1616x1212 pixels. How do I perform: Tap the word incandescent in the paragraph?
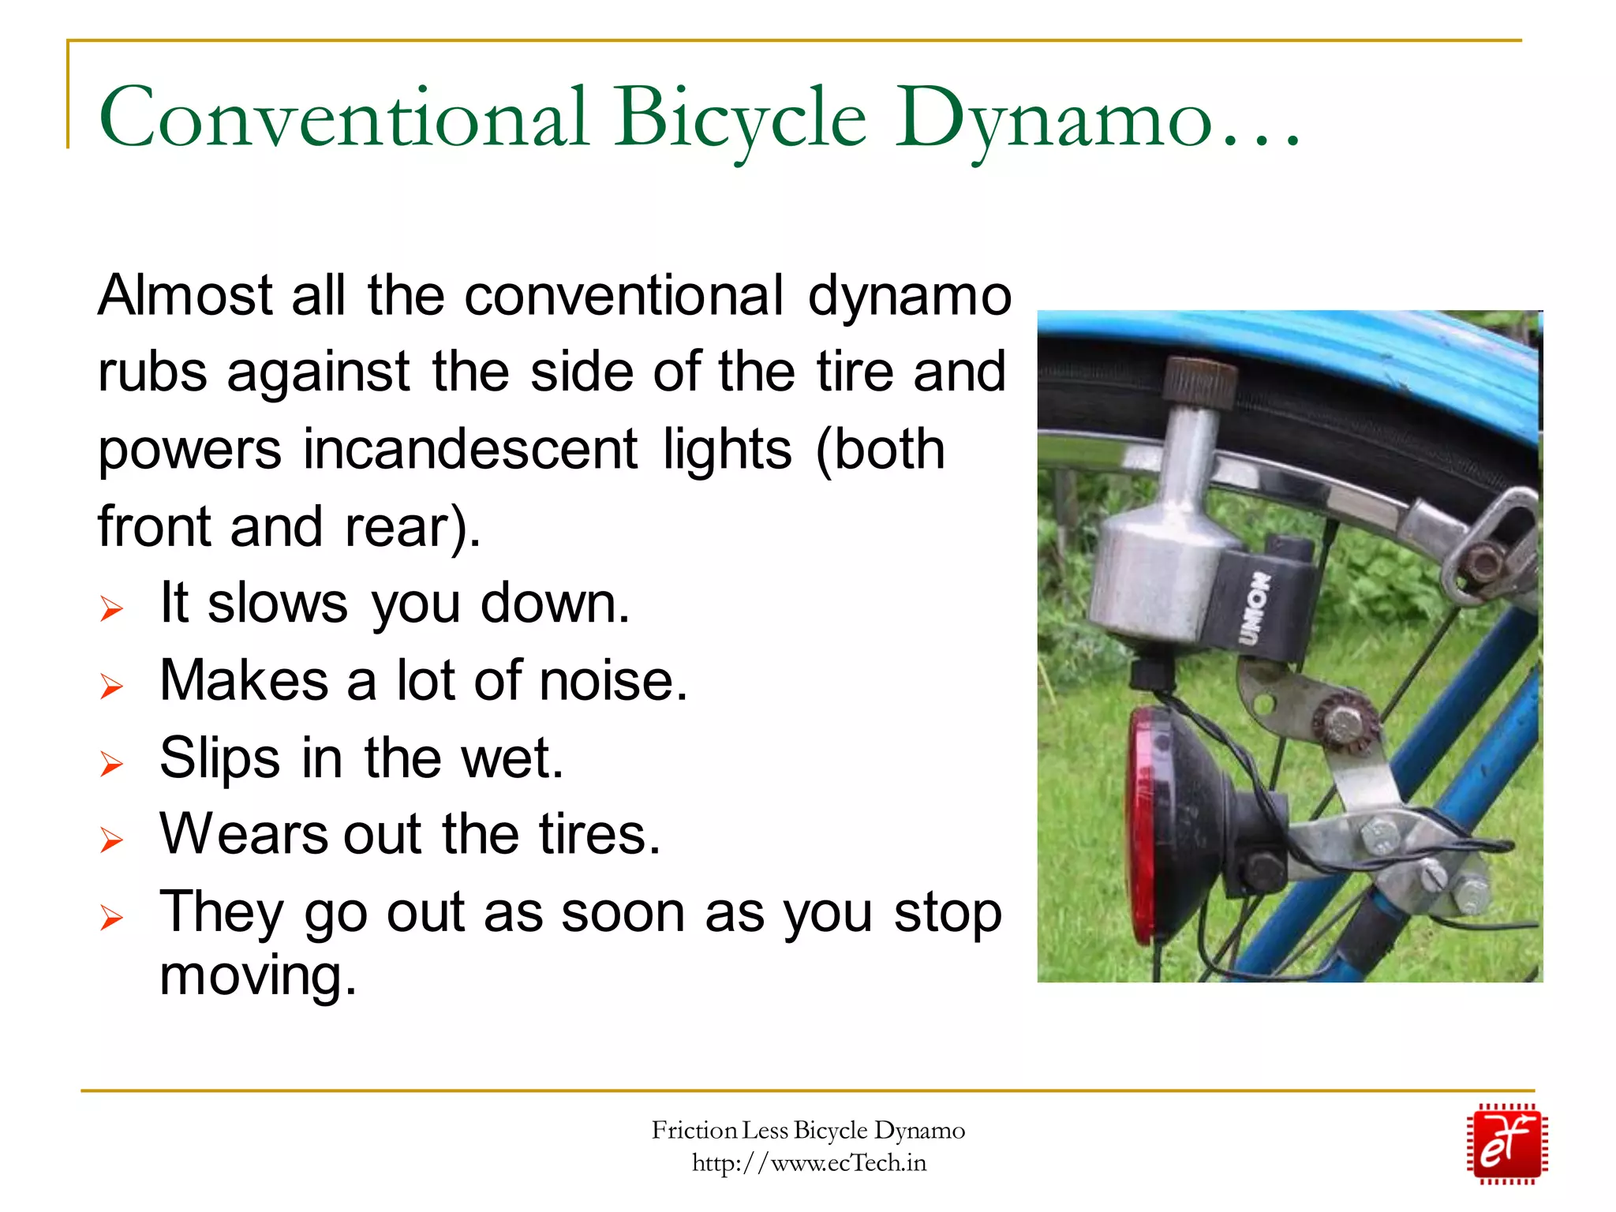point(470,450)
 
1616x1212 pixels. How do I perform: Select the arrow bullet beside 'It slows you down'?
point(111,609)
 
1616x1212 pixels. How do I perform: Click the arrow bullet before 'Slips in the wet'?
point(111,764)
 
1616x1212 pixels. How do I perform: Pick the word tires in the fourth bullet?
point(600,834)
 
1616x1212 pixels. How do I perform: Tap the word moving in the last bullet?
point(258,975)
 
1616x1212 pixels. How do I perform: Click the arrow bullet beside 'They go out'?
point(111,918)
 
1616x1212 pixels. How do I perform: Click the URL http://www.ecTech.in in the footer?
point(809,1163)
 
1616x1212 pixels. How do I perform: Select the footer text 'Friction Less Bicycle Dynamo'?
point(808,1131)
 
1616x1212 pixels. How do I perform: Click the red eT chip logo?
point(1506,1143)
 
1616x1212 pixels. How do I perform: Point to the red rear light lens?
point(1141,821)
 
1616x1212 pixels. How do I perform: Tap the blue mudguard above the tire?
point(1341,347)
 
